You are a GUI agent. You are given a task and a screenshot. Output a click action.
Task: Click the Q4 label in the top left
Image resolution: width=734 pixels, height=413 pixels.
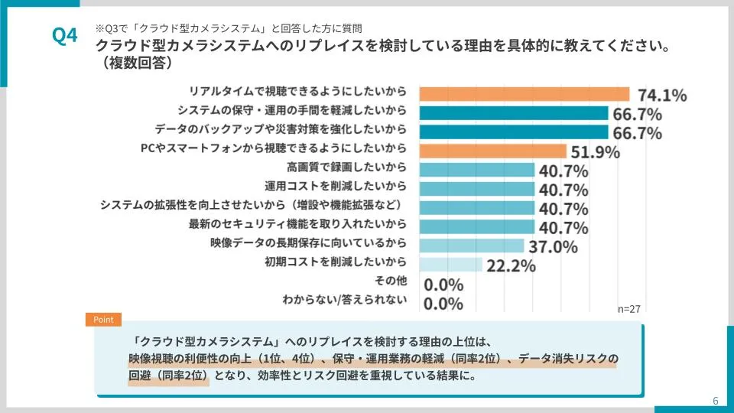(64, 36)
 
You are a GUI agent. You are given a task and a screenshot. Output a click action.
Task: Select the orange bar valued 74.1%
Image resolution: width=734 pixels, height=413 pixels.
(525, 94)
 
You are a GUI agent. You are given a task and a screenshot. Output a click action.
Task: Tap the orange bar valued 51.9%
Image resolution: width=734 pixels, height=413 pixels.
(493, 151)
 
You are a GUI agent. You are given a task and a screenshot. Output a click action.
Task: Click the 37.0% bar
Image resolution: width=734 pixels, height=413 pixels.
(472, 246)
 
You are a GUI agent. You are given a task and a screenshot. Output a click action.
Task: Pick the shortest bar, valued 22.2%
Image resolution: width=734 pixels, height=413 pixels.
(451, 265)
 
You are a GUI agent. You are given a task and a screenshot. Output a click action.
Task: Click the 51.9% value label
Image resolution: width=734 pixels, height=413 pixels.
(594, 152)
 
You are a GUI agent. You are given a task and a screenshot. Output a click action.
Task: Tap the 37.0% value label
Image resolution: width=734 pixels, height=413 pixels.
(551, 247)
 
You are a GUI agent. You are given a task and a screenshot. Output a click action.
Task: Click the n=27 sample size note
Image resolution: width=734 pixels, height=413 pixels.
(628, 309)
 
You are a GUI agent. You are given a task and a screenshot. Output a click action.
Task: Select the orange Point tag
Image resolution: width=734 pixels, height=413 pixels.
(102, 319)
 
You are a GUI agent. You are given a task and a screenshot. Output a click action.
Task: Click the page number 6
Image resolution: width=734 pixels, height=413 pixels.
(715, 401)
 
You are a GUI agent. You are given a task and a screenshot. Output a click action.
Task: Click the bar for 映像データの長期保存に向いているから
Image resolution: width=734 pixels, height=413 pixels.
(472, 246)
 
